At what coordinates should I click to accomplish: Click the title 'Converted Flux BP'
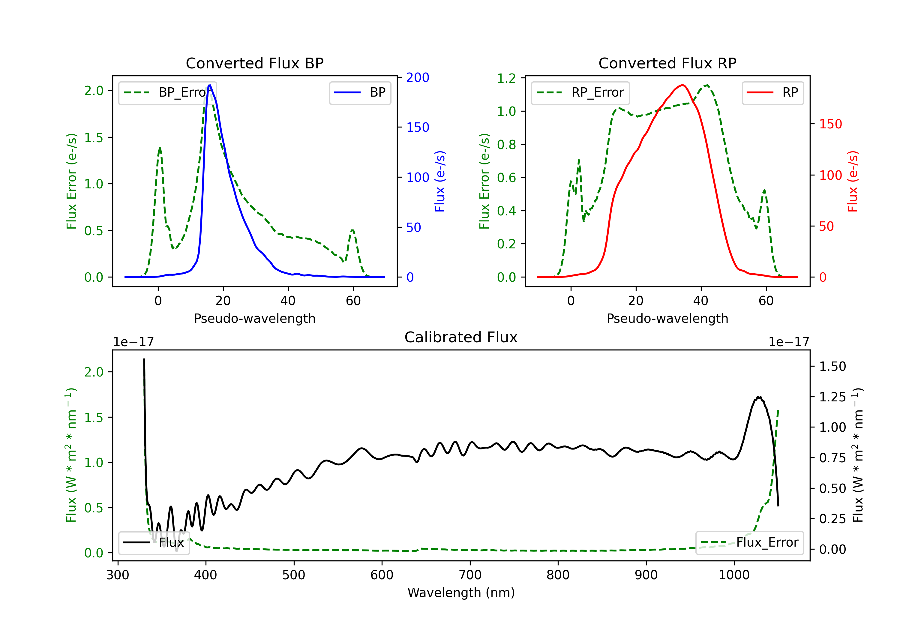tap(254, 63)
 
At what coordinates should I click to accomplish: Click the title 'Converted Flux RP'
tap(667, 63)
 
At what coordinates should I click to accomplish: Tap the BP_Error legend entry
tap(168, 92)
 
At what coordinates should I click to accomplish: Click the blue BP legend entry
tap(360, 92)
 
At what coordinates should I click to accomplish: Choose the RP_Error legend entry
tap(580, 92)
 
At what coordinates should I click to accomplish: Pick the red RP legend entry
tap(772, 92)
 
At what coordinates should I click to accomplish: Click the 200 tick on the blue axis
tap(418, 78)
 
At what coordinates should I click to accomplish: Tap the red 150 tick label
tap(831, 124)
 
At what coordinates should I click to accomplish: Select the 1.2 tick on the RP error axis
tap(506, 78)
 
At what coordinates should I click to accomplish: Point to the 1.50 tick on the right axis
tap(832, 367)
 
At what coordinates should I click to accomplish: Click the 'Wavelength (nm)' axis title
tap(461, 592)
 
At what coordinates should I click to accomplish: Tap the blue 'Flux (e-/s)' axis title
tap(440, 181)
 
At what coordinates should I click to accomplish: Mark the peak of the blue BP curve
tap(210, 85)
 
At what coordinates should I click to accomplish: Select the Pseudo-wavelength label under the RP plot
tap(667, 318)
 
